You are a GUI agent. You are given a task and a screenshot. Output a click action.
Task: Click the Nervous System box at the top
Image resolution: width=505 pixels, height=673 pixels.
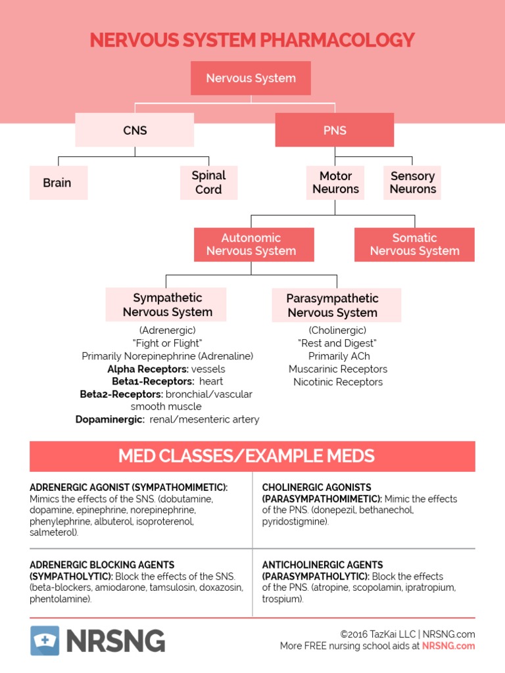(251, 78)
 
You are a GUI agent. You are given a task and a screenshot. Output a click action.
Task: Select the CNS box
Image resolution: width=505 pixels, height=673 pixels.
(134, 130)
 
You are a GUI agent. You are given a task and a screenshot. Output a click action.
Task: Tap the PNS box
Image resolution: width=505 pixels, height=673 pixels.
(335, 130)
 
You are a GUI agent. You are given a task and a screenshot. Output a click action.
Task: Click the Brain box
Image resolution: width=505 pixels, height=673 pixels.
(58, 183)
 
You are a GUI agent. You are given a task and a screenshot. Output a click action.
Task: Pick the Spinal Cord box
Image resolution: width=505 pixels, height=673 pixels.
(208, 183)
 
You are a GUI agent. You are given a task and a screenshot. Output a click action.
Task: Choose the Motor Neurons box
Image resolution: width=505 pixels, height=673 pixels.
(335, 183)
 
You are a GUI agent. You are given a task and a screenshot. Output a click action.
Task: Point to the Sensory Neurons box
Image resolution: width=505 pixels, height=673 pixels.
(412, 183)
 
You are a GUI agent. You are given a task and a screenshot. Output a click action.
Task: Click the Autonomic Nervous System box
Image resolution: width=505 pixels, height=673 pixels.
(251, 244)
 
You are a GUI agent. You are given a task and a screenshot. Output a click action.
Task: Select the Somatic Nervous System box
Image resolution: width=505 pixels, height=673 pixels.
(414, 244)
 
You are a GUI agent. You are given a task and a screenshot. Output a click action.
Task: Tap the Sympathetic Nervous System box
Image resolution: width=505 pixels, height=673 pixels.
(167, 305)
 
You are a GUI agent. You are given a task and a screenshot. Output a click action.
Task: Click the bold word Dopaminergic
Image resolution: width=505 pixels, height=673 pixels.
(110, 419)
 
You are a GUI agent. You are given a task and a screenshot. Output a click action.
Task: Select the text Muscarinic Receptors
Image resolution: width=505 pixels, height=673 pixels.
(338, 369)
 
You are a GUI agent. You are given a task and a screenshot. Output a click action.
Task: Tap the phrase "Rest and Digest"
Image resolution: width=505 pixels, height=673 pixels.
(338, 343)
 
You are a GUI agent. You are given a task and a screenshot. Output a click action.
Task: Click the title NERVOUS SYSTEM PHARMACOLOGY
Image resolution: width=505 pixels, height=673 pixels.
(252, 40)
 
